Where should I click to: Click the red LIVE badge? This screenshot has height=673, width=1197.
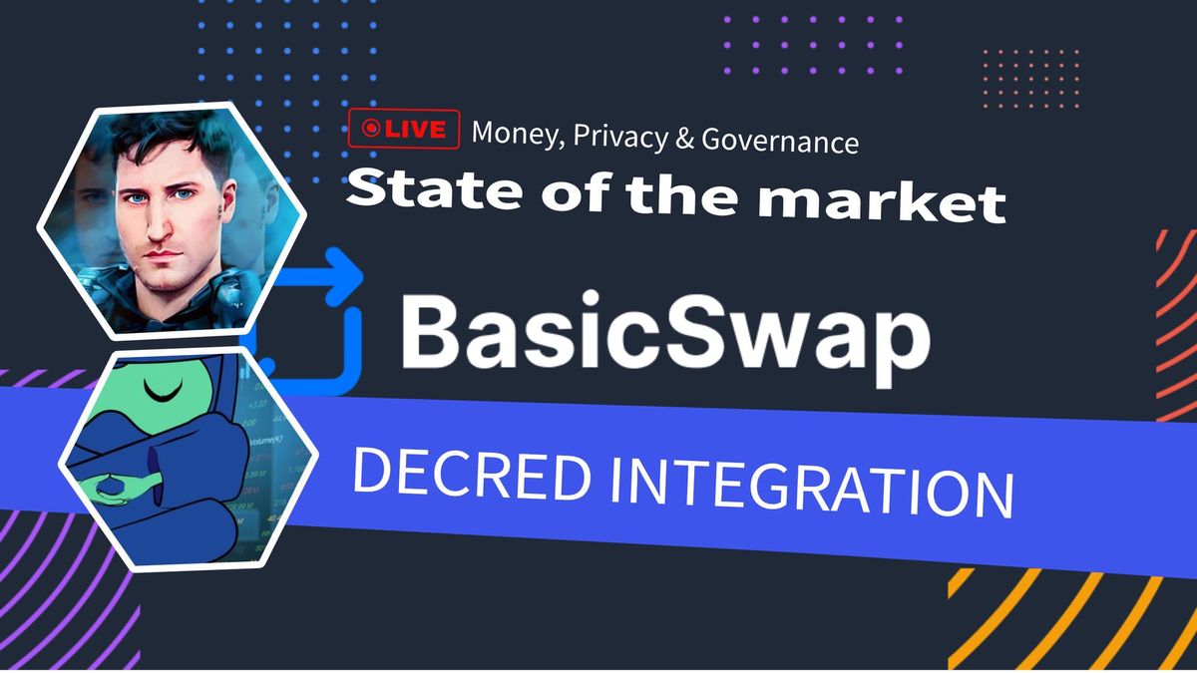(x=403, y=129)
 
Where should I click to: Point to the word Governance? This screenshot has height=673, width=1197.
(x=779, y=141)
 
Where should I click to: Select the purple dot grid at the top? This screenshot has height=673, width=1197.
(x=812, y=45)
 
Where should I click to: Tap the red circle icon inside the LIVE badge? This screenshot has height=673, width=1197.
(x=371, y=129)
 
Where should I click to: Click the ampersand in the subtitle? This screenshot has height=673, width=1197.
(x=684, y=139)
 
